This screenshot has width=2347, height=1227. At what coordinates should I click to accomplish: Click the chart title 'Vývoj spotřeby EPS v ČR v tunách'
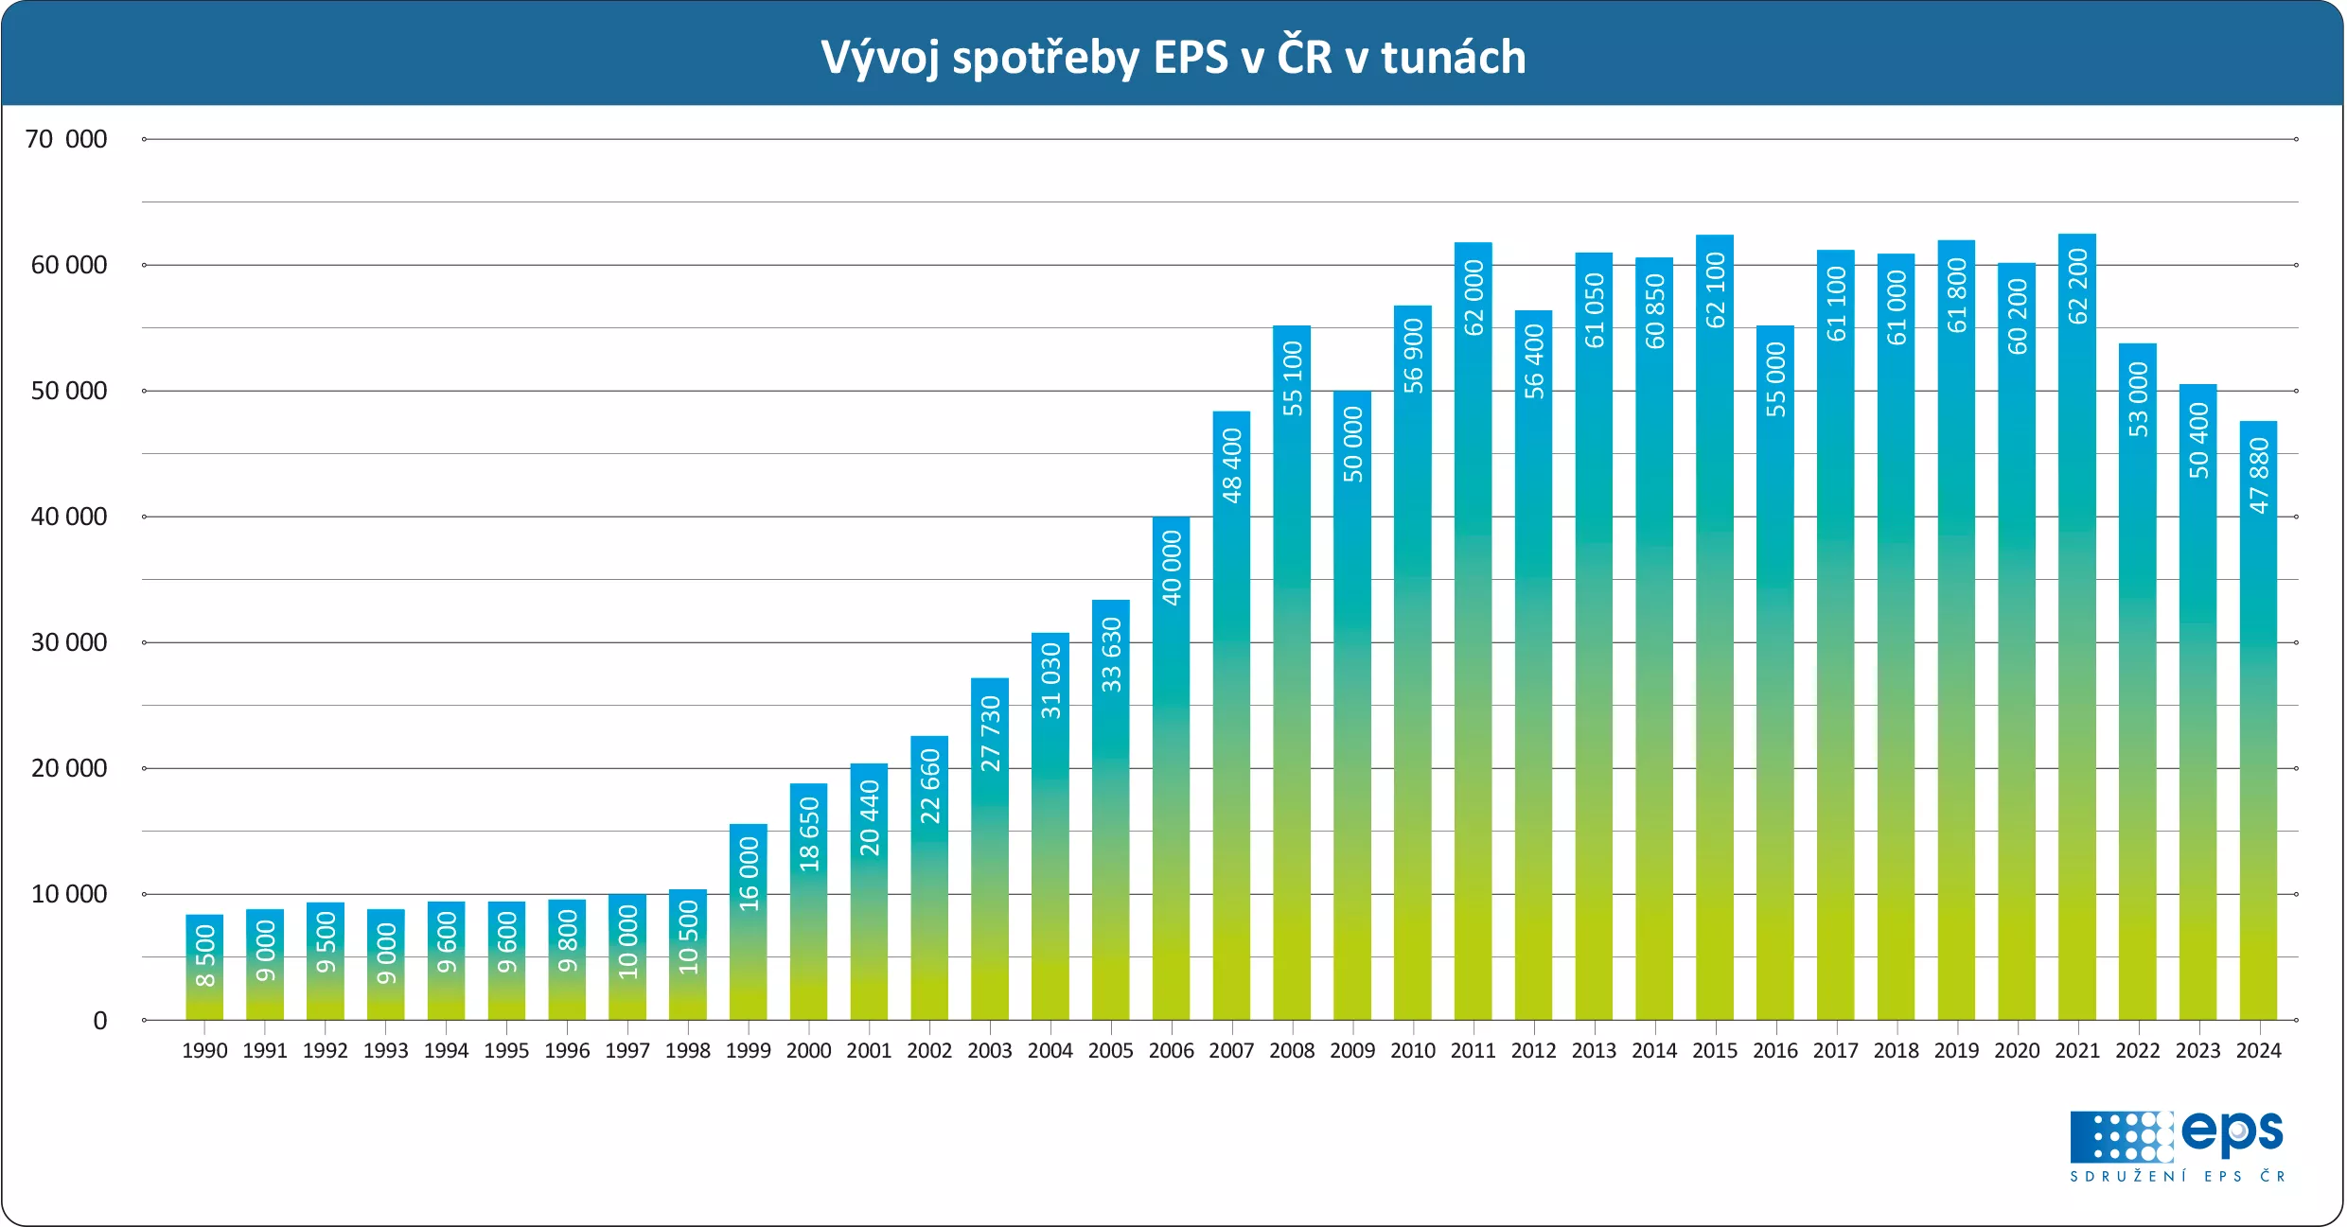(1173, 57)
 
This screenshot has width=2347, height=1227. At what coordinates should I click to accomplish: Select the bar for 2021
(2076, 662)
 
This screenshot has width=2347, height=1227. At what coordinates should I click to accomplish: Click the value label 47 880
(2258, 476)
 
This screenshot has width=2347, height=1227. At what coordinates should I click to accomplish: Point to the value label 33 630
(1111, 655)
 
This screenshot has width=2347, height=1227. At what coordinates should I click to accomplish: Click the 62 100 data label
(1715, 290)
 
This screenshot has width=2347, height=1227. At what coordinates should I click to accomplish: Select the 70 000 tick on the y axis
(66, 139)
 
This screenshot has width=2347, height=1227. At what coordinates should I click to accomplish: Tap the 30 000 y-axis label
(68, 642)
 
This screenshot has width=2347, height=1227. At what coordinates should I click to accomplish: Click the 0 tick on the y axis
(99, 1021)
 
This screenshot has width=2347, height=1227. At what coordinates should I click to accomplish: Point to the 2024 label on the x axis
(2258, 1051)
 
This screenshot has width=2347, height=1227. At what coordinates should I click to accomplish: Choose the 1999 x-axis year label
(748, 1051)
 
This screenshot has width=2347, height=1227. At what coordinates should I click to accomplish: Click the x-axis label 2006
(1171, 1051)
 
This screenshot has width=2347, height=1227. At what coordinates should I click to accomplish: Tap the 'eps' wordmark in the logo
(2232, 1132)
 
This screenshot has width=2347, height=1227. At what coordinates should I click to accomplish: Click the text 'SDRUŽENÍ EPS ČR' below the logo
(2177, 1177)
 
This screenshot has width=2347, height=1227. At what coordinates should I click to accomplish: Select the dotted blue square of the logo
(2121, 1136)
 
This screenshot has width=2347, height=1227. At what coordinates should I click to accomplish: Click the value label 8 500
(204, 955)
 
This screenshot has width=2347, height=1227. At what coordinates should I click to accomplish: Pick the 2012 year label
(1533, 1051)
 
